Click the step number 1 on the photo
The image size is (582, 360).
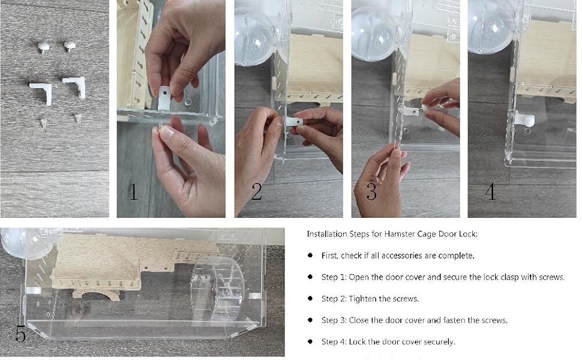click(133, 193)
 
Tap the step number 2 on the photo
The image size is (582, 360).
click(257, 193)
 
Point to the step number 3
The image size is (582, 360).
click(371, 193)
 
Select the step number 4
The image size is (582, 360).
click(490, 193)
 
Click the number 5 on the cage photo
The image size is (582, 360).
click(20, 334)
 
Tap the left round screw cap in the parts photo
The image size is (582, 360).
click(44, 46)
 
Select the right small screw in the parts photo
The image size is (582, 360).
click(77, 118)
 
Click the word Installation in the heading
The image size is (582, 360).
click(325, 234)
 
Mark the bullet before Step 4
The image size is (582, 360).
click(310, 341)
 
